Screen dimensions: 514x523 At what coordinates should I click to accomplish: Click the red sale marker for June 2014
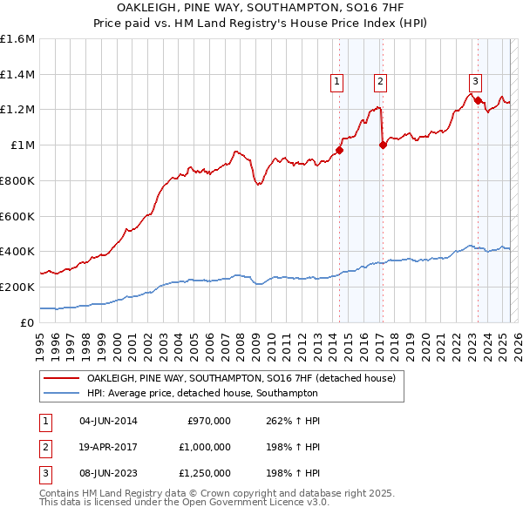click(339, 150)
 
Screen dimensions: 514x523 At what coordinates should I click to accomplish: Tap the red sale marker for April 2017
click(383, 145)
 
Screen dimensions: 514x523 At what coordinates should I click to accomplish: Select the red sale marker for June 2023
click(478, 100)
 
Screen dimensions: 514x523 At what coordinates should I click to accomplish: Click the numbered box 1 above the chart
click(336, 83)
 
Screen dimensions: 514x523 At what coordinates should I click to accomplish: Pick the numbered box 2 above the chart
click(381, 83)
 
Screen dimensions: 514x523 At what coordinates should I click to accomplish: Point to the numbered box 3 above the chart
click(475, 81)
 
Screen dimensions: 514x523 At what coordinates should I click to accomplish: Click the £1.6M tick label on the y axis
click(17, 39)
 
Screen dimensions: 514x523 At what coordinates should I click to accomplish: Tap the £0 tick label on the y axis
click(28, 322)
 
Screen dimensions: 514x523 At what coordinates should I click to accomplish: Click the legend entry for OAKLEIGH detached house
click(241, 379)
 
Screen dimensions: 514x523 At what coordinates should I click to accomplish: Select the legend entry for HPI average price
click(201, 394)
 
